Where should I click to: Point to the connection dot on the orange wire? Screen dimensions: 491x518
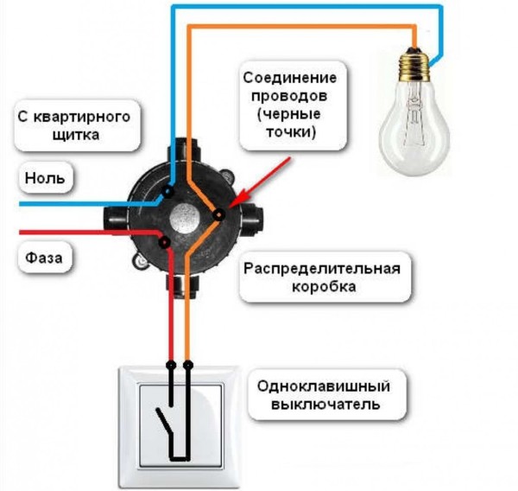[218, 213]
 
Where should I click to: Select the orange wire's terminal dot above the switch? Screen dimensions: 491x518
[187, 365]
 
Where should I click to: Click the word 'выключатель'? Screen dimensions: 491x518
[319, 404]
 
